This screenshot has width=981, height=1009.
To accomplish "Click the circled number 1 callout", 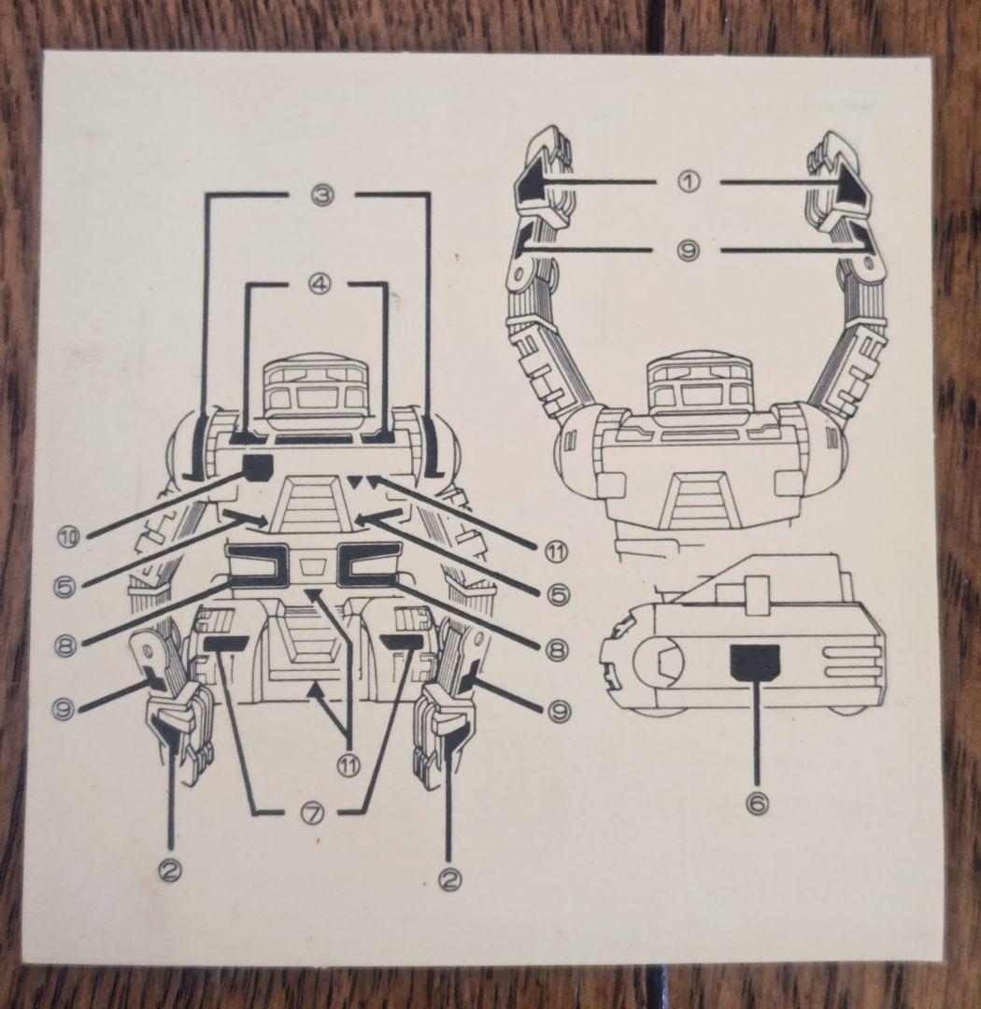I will pyautogui.click(x=689, y=182).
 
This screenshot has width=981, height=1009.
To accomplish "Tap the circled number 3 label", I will pyautogui.click(x=321, y=197).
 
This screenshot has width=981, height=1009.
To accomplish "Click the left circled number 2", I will pyautogui.click(x=169, y=870).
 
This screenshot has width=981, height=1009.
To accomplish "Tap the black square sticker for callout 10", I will pyautogui.click(x=257, y=466).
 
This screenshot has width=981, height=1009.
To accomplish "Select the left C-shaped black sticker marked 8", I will pyautogui.click(x=261, y=565).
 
